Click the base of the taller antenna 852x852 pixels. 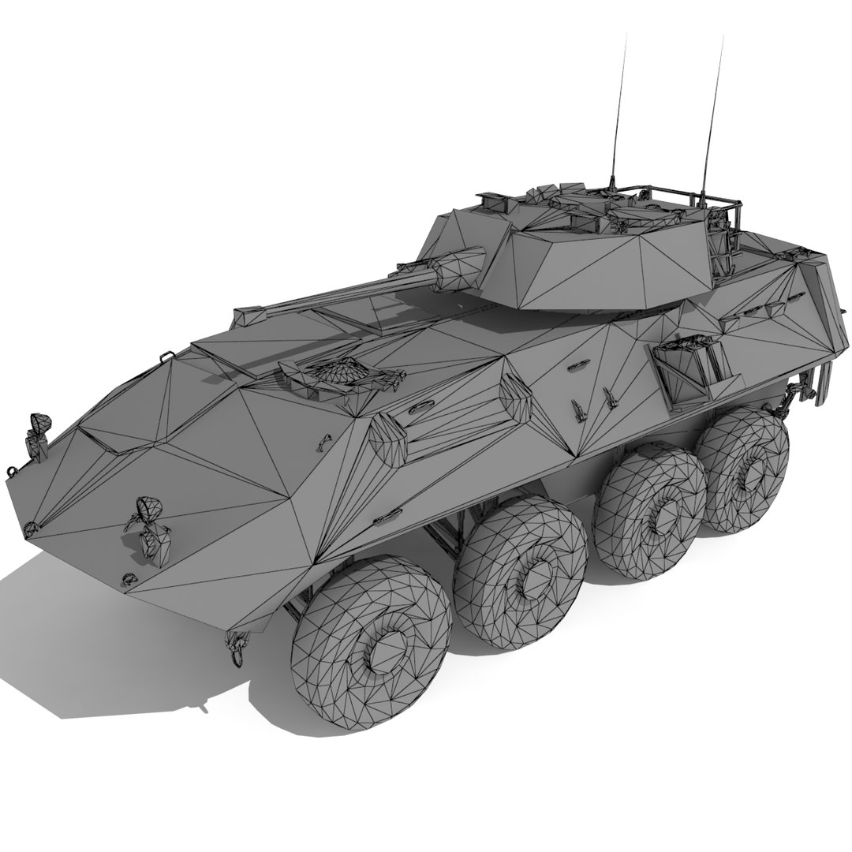(701, 197)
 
